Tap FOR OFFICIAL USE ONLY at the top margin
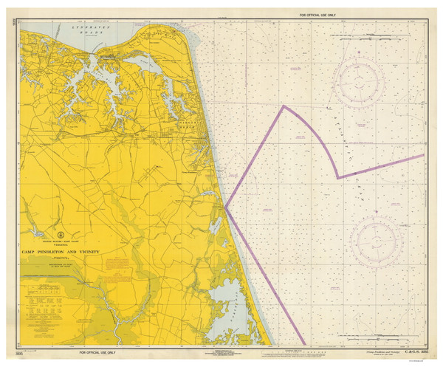click(317, 15)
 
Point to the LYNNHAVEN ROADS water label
click(79, 30)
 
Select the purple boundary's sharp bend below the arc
click(337, 178)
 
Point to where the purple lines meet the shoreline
click(225, 207)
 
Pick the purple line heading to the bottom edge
click(266, 281)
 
